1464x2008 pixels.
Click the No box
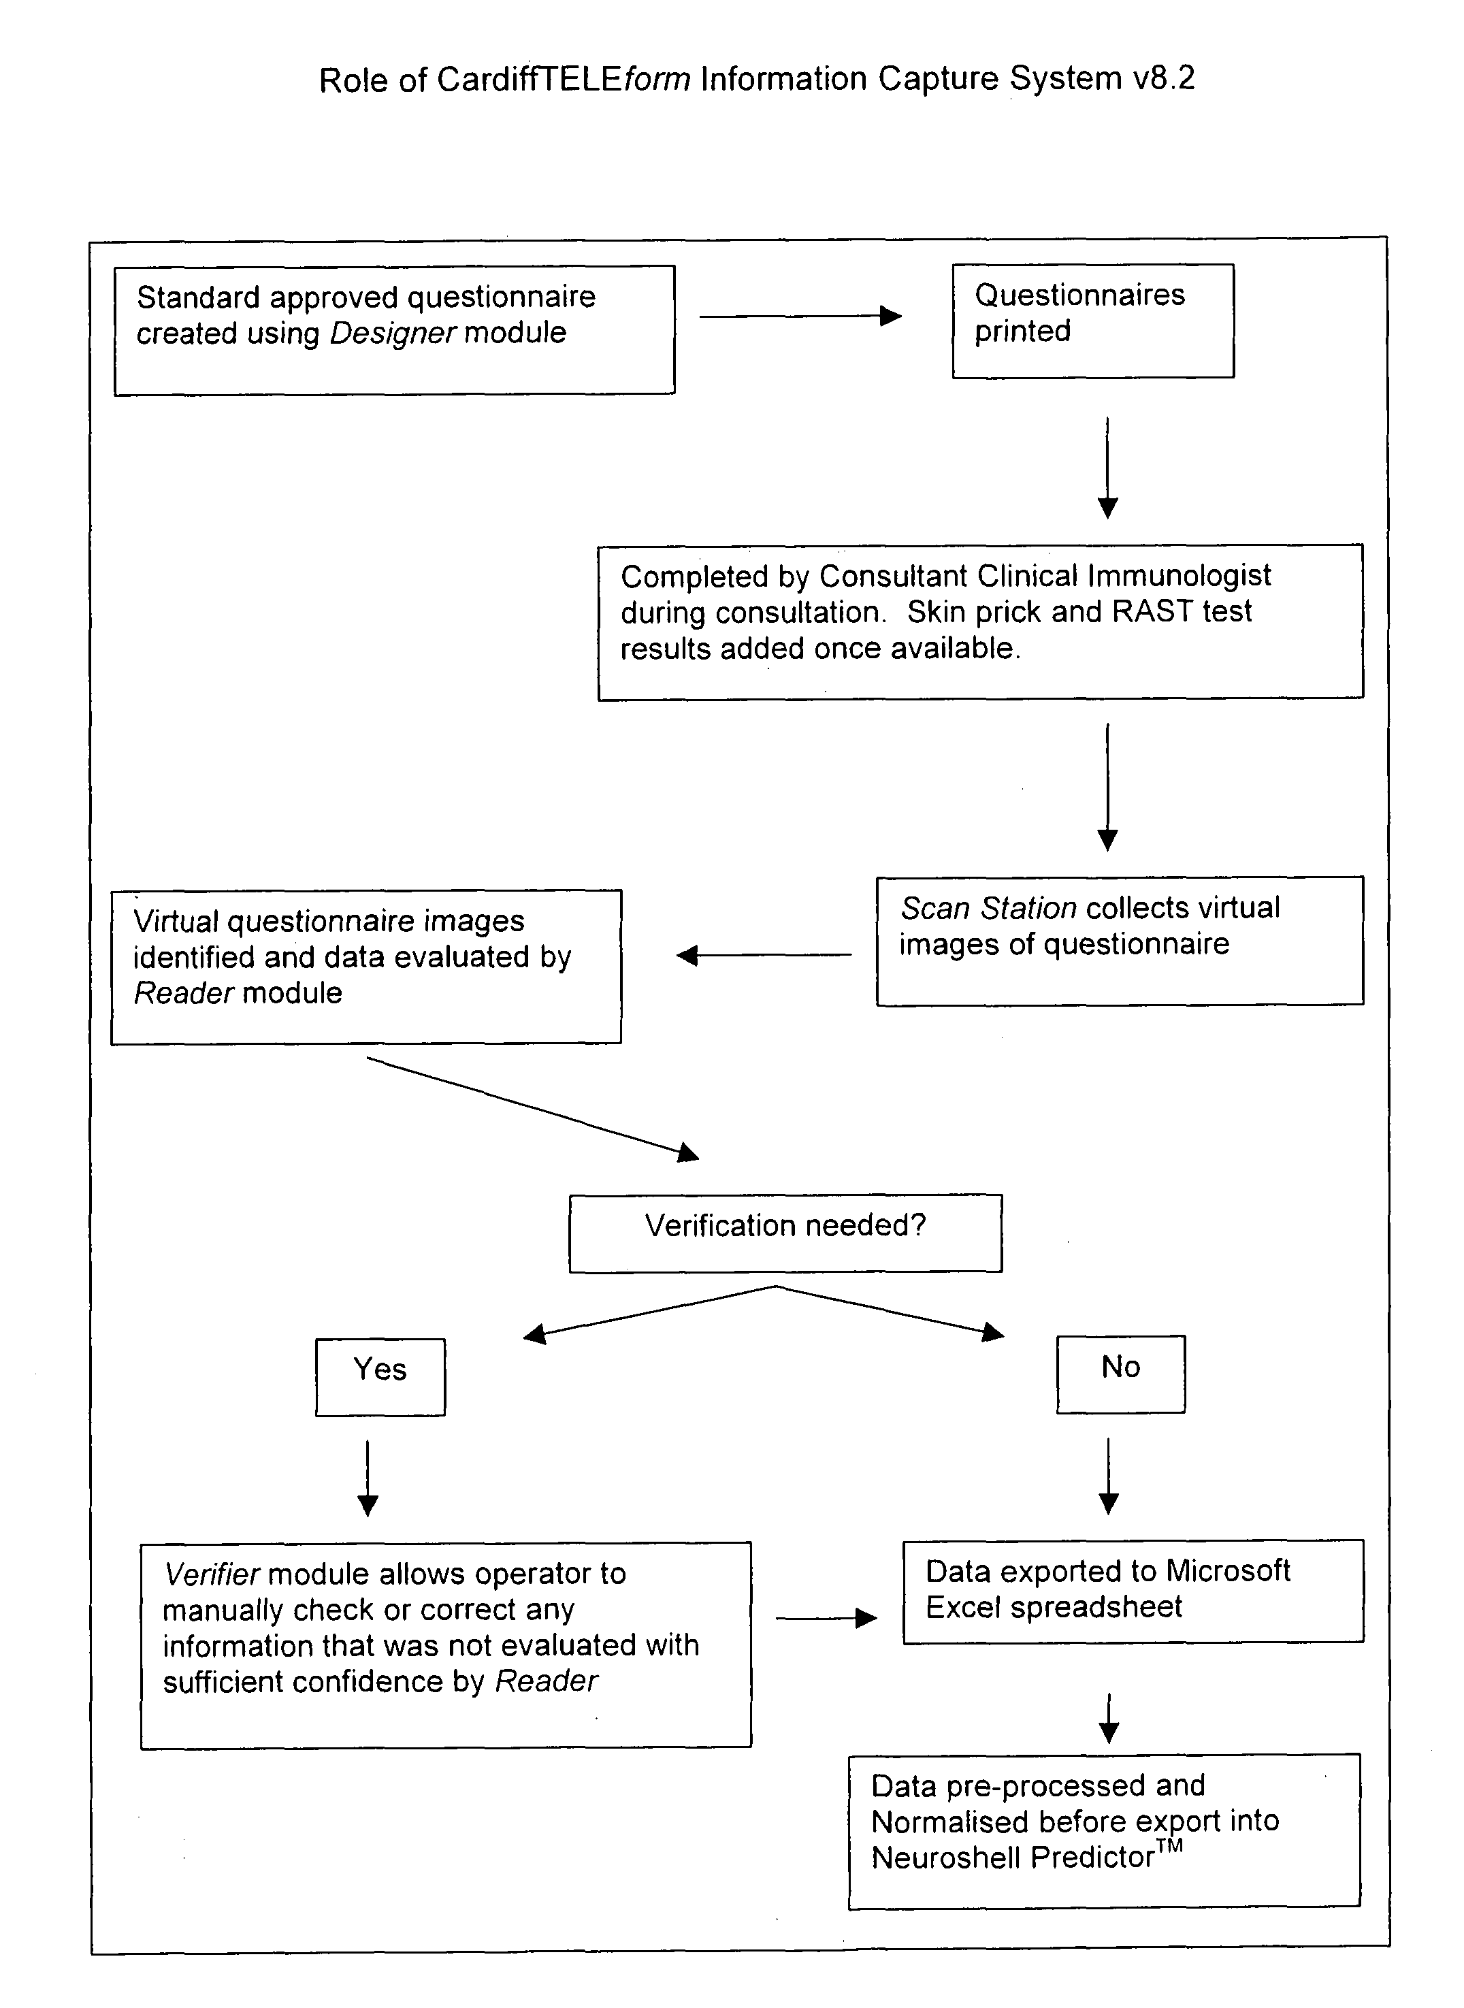(1121, 1374)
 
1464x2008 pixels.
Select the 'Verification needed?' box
(785, 1233)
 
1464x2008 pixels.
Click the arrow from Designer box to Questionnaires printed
(800, 317)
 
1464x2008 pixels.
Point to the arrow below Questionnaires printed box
(1108, 468)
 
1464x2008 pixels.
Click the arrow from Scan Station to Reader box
(764, 955)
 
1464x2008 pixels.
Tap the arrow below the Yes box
(368, 1478)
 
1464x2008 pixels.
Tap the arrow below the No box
(1109, 1476)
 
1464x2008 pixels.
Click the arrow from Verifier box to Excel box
(826, 1619)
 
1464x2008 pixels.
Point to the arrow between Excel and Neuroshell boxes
(1109, 1718)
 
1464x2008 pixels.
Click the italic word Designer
(393, 333)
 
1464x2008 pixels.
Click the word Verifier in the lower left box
(212, 1574)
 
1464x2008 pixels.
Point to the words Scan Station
(989, 908)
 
